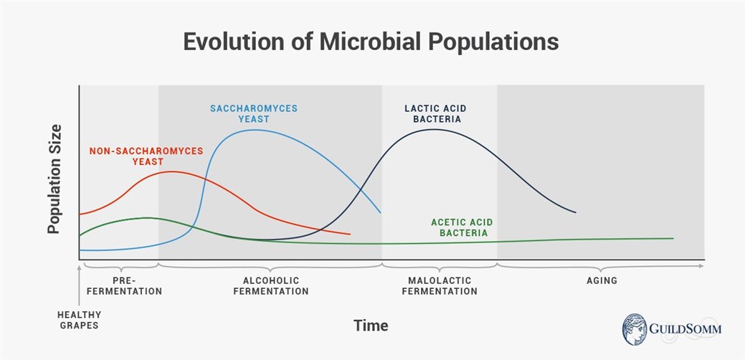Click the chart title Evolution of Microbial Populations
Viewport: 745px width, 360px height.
(x=371, y=42)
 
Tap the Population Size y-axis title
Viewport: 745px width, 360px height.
(x=54, y=179)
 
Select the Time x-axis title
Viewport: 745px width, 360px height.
(x=371, y=326)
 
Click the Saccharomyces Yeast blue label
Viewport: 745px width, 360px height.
(x=253, y=114)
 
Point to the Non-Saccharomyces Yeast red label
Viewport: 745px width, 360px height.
(x=146, y=156)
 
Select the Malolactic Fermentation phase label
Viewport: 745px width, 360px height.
(x=439, y=286)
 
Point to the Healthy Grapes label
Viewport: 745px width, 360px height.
(x=79, y=320)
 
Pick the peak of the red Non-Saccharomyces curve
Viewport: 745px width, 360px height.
(x=171, y=171)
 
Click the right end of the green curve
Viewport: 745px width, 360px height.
(x=673, y=238)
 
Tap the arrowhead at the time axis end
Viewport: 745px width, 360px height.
(x=701, y=266)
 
